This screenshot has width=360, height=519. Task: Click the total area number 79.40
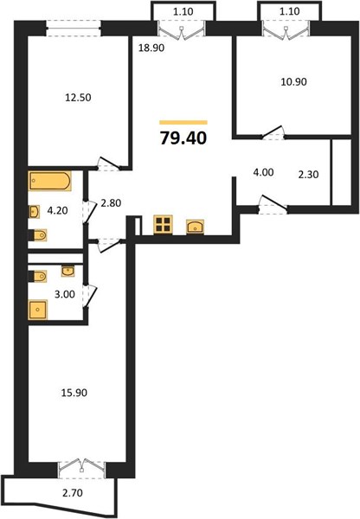click(x=183, y=138)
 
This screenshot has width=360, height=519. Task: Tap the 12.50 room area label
click(x=78, y=98)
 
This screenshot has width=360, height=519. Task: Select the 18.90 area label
click(x=151, y=48)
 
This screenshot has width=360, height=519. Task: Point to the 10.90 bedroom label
click(x=293, y=82)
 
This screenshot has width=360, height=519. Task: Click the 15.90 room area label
click(x=74, y=393)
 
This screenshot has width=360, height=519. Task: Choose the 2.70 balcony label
click(x=73, y=493)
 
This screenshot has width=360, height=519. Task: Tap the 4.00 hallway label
click(x=263, y=172)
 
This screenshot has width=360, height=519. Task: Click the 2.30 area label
click(x=308, y=175)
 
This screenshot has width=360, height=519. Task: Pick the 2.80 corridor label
click(x=111, y=203)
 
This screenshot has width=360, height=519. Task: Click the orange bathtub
click(x=50, y=181)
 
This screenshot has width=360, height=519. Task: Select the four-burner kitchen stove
click(x=164, y=225)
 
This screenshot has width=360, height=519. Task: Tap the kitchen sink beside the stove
click(x=195, y=227)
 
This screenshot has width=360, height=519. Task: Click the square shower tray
click(x=38, y=310)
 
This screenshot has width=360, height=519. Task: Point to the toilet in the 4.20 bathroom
click(x=37, y=235)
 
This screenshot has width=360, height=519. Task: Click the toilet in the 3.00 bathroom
click(x=37, y=276)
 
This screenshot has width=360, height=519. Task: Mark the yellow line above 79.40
click(x=183, y=123)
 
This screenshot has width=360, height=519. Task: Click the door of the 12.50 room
click(x=109, y=163)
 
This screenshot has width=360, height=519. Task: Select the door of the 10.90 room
click(x=273, y=132)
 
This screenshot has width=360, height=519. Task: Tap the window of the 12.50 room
click(x=74, y=28)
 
